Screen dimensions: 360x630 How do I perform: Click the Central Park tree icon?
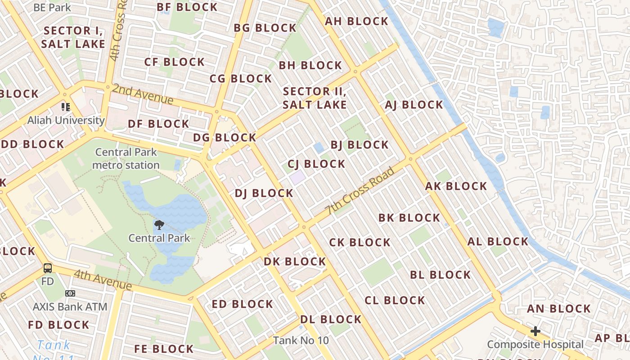click(159, 225)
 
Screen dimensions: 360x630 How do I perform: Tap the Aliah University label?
click(66, 120)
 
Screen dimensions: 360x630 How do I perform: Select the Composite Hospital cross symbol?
click(535, 332)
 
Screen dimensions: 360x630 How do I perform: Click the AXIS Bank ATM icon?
click(70, 293)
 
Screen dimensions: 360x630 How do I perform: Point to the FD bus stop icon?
click(47, 268)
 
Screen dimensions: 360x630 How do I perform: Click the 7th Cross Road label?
click(360, 191)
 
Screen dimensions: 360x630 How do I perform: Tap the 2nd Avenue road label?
click(143, 94)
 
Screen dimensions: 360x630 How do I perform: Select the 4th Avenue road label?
click(103, 279)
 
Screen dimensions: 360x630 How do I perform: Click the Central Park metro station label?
click(126, 158)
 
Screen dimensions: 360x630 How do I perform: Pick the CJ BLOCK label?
click(316, 164)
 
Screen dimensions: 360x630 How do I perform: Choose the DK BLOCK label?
click(295, 261)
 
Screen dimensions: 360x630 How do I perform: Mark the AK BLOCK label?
click(456, 186)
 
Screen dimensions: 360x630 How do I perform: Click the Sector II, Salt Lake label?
click(315, 98)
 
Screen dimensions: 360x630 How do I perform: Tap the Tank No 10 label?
click(301, 340)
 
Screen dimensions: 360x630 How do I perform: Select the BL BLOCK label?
click(440, 274)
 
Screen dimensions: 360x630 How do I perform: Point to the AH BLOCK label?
click(356, 21)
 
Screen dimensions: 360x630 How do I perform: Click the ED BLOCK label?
click(243, 304)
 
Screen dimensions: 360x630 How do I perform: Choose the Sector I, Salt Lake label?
click(73, 37)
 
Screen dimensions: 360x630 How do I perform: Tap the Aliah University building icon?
click(66, 107)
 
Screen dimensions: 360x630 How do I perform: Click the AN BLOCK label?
click(558, 309)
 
